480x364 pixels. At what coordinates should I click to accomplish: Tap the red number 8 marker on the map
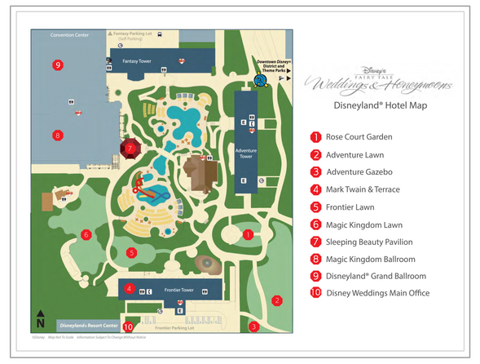(x=57, y=135)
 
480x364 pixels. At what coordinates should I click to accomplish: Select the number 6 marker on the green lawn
(x=86, y=235)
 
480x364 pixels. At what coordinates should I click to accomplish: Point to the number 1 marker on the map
(x=247, y=234)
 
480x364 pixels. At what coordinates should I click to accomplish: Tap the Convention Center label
(x=69, y=35)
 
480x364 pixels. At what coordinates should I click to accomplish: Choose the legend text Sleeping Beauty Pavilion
(x=369, y=242)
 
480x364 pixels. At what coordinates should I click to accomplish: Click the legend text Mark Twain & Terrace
(x=363, y=189)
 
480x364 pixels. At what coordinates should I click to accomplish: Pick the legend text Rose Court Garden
(x=359, y=137)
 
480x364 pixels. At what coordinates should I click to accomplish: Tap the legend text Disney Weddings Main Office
(x=377, y=293)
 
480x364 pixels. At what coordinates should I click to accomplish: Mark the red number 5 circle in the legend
(x=315, y=207)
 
